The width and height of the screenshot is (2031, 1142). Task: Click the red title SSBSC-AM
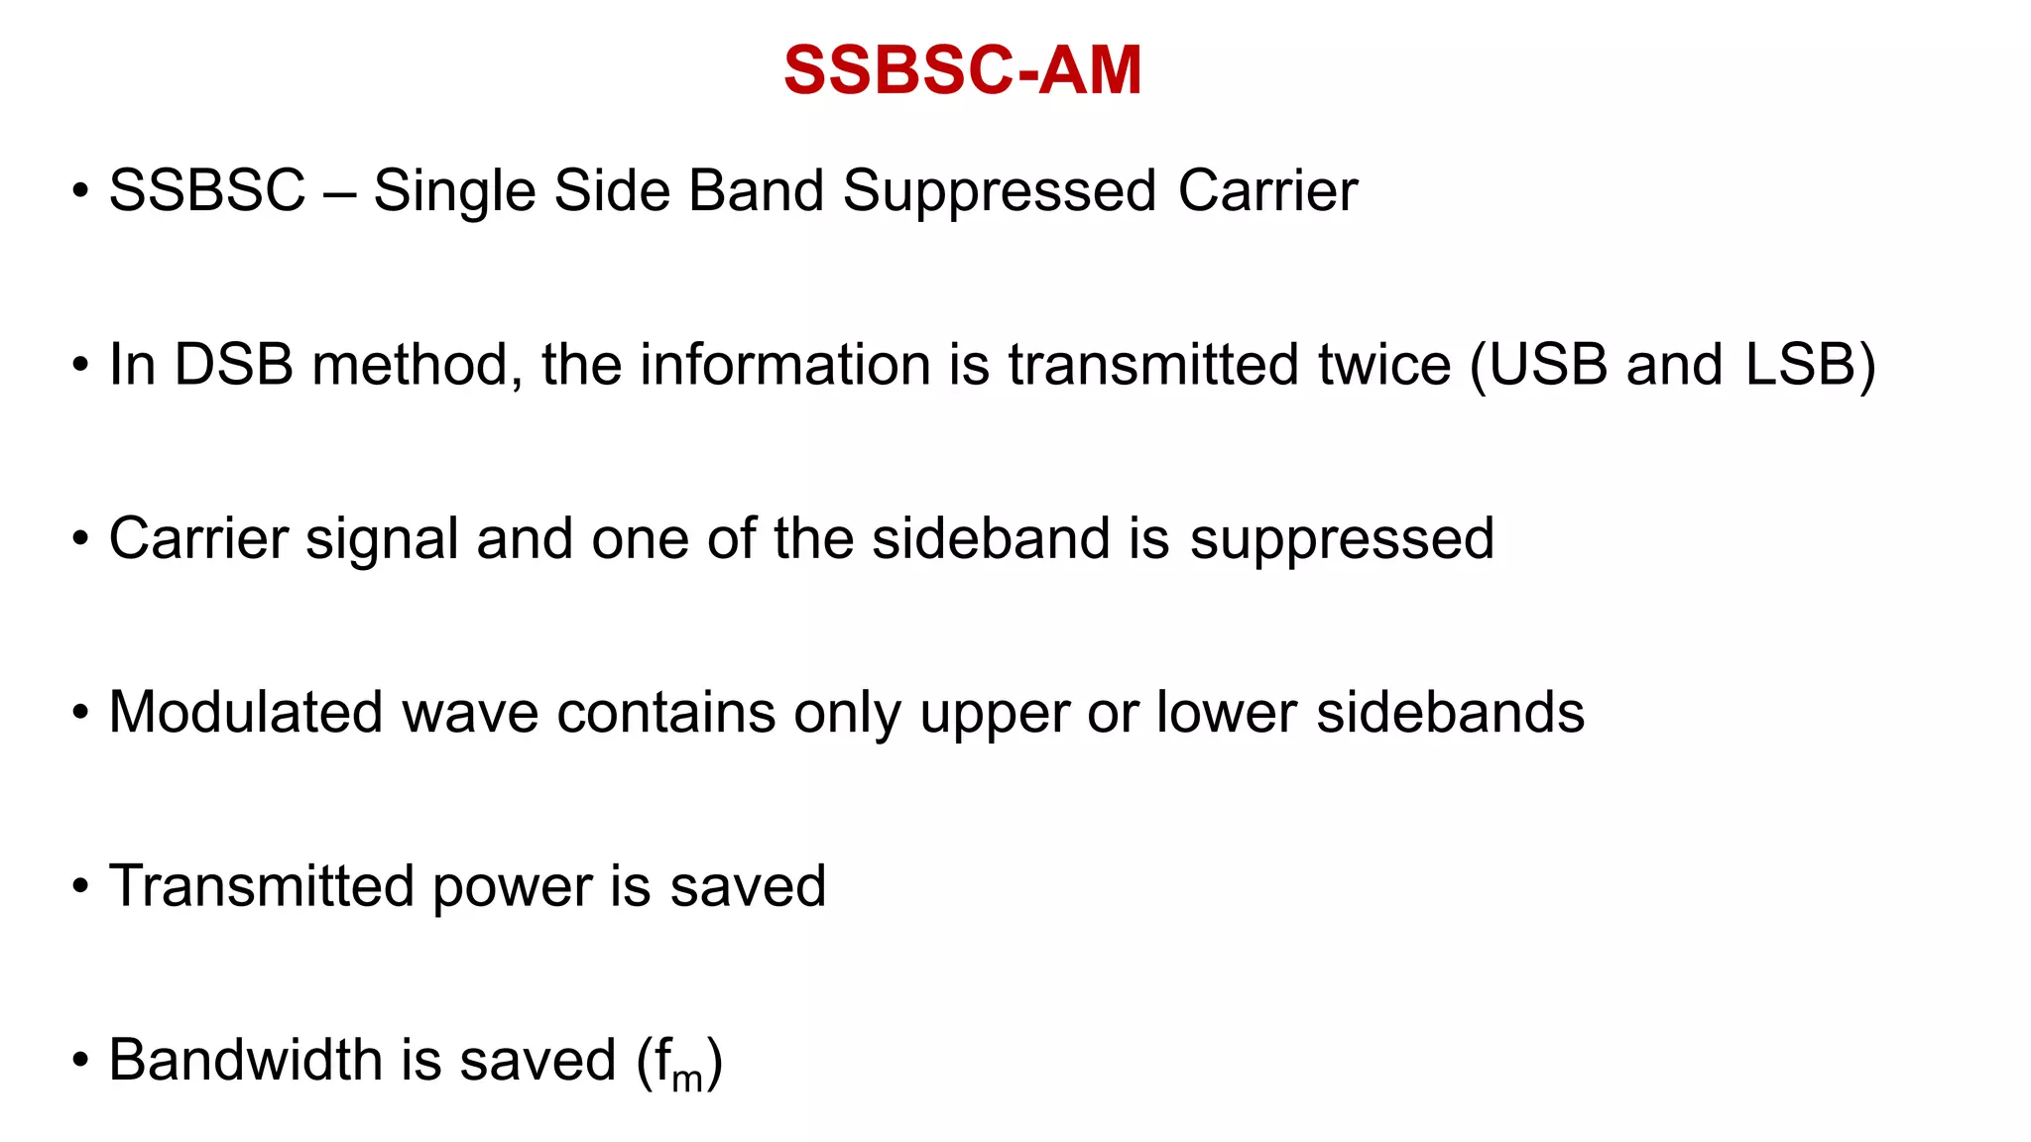pyautogui.click(x=962, y=70)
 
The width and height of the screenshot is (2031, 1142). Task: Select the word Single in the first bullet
pyautogui.click(x=453, y=191)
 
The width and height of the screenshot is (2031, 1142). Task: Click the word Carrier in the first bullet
pyautogui.click(x=1267, y=190)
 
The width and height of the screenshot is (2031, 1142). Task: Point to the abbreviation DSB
pyautogui.click(x=234, y=365)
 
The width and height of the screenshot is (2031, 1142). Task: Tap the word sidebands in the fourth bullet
pyautogui.click(x=1450, y=713)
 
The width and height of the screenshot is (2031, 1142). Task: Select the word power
pyautogui.click(x=512, y=888)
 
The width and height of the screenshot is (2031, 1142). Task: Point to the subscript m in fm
pyautogui.click(x=687, y=1078)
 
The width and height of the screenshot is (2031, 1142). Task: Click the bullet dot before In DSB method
pyautogui.click(x=80, y=365)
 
